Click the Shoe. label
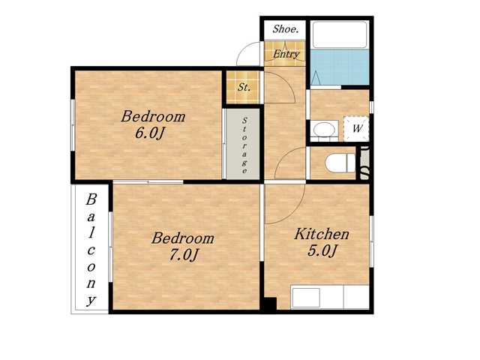pos(285,29)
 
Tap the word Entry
pos(286,54)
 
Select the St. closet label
pos(244,87)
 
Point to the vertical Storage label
pos(244,145)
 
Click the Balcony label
pos(91,250)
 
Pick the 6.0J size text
pos(150,133)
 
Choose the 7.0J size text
pos(184,254)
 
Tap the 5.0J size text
pos(322,250)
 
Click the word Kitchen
pos(322,234)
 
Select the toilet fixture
pos(340,163)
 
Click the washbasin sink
pos(324,130)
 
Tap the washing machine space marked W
pos(356,129)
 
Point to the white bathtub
pos(340,34)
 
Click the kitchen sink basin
pos(306,298)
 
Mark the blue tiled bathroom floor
pos(340,67)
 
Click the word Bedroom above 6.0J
pos(153,117)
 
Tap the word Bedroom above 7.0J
pos(183,238)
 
